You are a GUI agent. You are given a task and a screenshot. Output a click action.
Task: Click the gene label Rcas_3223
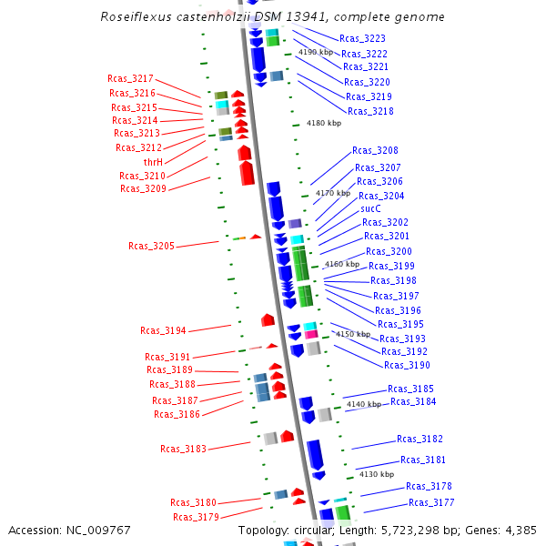(x=362, y=39)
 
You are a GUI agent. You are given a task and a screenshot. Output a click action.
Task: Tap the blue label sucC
(x=370, y=208)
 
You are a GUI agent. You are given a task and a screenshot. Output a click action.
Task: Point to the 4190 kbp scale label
(x=316, y=53)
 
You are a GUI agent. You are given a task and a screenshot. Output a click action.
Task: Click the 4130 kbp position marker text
(x=376, y=474)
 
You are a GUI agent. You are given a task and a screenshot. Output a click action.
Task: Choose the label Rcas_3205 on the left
(x=151, y=246)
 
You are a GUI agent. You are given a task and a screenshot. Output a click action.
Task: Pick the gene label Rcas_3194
(x=163, y=330)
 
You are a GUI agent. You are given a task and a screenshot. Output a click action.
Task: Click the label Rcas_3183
(x=183, y=449)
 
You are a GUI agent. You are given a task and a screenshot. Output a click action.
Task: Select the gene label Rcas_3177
(x=431, y=502)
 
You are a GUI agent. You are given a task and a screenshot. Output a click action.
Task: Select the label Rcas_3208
(x=375, y=150)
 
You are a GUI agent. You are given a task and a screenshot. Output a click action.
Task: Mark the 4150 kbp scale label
(x=353, y=335)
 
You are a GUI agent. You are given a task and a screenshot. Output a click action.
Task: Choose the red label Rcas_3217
(x=130, y=79)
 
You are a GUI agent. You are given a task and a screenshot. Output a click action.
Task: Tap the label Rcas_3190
(x=407, y=365)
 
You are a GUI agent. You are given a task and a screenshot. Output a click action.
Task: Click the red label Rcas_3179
(x=196, y=517)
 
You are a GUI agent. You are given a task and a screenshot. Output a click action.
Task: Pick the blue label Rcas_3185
(x=410, y=389)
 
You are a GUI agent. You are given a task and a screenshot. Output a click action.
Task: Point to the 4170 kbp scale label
(x=332, y=193)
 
